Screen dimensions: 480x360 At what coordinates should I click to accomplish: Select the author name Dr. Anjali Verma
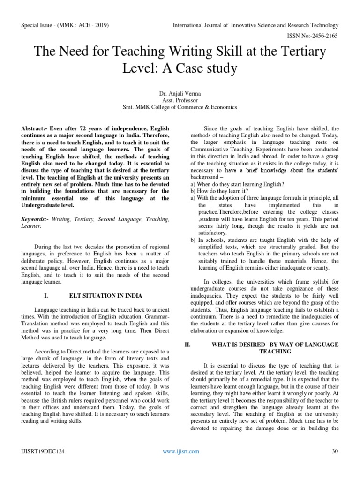180,94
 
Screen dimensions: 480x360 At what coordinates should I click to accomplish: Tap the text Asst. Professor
180,100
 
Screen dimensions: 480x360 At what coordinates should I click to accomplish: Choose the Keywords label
37,219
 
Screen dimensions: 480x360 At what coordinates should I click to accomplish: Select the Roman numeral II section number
187,345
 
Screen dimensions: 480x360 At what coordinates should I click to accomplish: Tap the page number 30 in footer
335,451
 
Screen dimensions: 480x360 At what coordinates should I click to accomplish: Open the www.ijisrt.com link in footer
180,451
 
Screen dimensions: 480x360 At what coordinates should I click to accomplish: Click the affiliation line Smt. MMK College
180,107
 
